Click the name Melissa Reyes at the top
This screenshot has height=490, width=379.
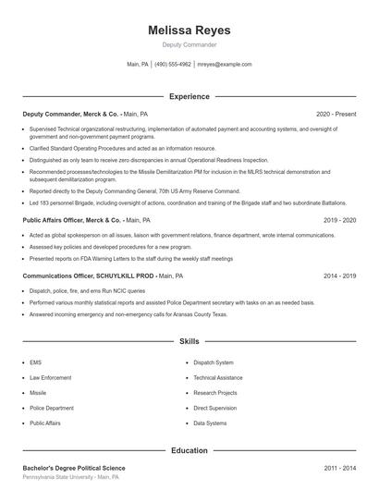tap(189, 30)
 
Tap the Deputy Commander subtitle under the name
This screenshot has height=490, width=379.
tap(189, 44)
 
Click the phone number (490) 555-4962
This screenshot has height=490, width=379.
tap(172, 65)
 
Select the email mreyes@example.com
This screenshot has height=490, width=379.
tap(224, 65)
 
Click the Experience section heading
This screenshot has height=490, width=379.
tap(189, 96)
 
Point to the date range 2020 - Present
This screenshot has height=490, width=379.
tap(336, 114)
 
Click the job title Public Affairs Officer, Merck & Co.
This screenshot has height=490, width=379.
tap(71, 221)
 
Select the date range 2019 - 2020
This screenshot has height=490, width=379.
tap(340, 221)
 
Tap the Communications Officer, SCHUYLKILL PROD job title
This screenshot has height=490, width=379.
tap(88, 276)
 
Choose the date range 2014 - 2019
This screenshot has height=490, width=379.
tap(340, 276)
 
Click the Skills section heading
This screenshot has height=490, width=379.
tap(189, 342)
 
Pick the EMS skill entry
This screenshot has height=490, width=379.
tap(35, 362)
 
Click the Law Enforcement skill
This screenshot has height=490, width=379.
tap(50, 377)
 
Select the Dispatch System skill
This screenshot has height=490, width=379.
tap(213, 362)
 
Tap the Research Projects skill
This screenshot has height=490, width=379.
tap(214, 392)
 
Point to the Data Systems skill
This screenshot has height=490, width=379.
tap(210, 423)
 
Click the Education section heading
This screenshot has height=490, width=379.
tap(189, 450)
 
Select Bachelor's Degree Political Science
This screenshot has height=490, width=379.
tap(73, 468)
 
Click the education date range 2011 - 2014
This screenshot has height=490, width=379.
tap(340, 468)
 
